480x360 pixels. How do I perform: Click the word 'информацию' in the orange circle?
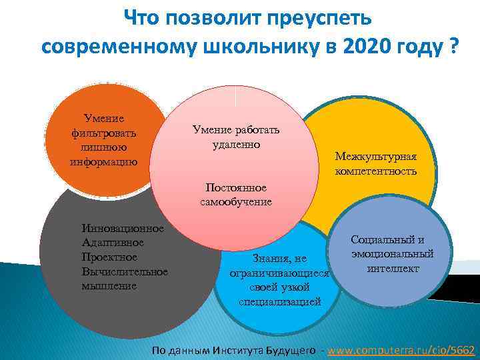click(103, 161)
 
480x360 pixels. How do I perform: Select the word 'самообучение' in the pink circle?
click(236, 201)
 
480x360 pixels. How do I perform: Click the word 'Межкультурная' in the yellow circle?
click(375, 157)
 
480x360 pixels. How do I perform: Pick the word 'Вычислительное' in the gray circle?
click(124, 271)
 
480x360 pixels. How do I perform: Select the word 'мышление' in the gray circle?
click(109, 285)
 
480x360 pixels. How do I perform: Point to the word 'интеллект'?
click(393, 268)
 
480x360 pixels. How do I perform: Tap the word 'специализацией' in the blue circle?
click(279, 302)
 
